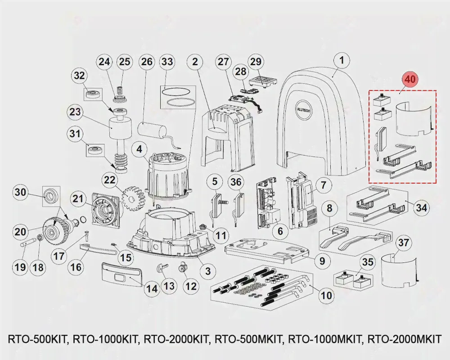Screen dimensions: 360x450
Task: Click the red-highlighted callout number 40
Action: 410,79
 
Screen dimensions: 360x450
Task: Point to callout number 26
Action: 147,62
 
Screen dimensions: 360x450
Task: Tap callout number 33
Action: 167,62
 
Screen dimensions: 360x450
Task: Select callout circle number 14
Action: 152,288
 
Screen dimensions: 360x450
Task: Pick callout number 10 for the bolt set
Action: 326,295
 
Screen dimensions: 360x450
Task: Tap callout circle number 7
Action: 323,184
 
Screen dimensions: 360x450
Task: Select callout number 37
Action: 404,243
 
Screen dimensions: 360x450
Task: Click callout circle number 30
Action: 20,193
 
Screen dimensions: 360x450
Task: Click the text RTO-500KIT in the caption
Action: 37,339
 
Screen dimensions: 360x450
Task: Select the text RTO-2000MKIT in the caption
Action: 405,339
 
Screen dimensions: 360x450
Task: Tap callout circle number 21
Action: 78,198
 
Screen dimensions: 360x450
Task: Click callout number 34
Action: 421,208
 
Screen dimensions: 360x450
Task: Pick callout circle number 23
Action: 75,111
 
